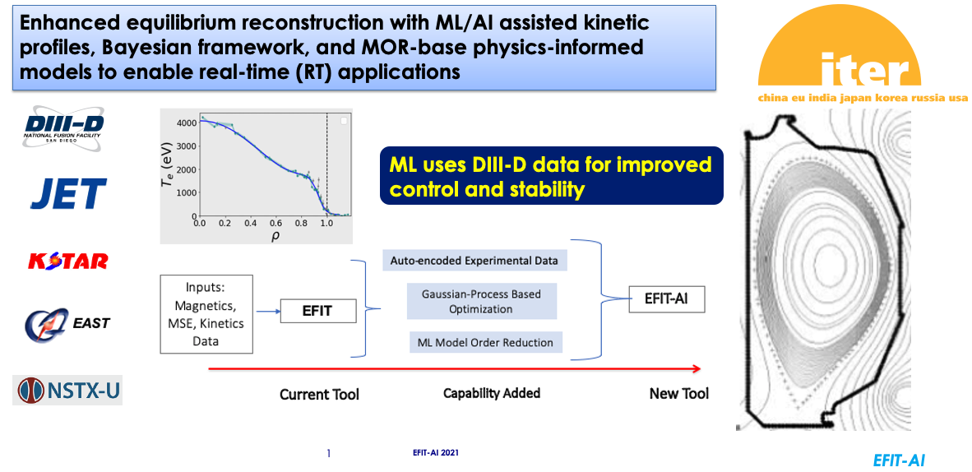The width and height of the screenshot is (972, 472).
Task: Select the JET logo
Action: tap(69, 193)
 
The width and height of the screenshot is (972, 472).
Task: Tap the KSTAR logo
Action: tap(68, 261)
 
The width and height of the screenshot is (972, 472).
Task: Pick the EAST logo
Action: tap(67, 323)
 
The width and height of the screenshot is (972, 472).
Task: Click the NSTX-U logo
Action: tap(67, 391)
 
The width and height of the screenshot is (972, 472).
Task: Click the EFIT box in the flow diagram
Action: tap(318, 311)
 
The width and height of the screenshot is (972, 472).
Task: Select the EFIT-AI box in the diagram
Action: tap(667, 300)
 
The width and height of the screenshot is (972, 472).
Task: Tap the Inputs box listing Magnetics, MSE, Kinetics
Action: tap(206, 314)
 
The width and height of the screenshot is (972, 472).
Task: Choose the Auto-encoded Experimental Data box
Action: tap(474, 261)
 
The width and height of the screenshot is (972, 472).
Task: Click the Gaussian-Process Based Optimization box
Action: tap(481, 301)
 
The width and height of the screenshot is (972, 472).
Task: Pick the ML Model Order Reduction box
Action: tap(486, 342)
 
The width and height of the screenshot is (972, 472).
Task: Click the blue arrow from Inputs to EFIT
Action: tap(267, 312)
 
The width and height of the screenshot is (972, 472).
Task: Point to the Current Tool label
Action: tap(319, 395)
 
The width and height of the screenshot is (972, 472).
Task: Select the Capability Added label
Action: tap(492, 393)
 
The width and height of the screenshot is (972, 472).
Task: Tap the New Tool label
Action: tap(678, 394)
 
